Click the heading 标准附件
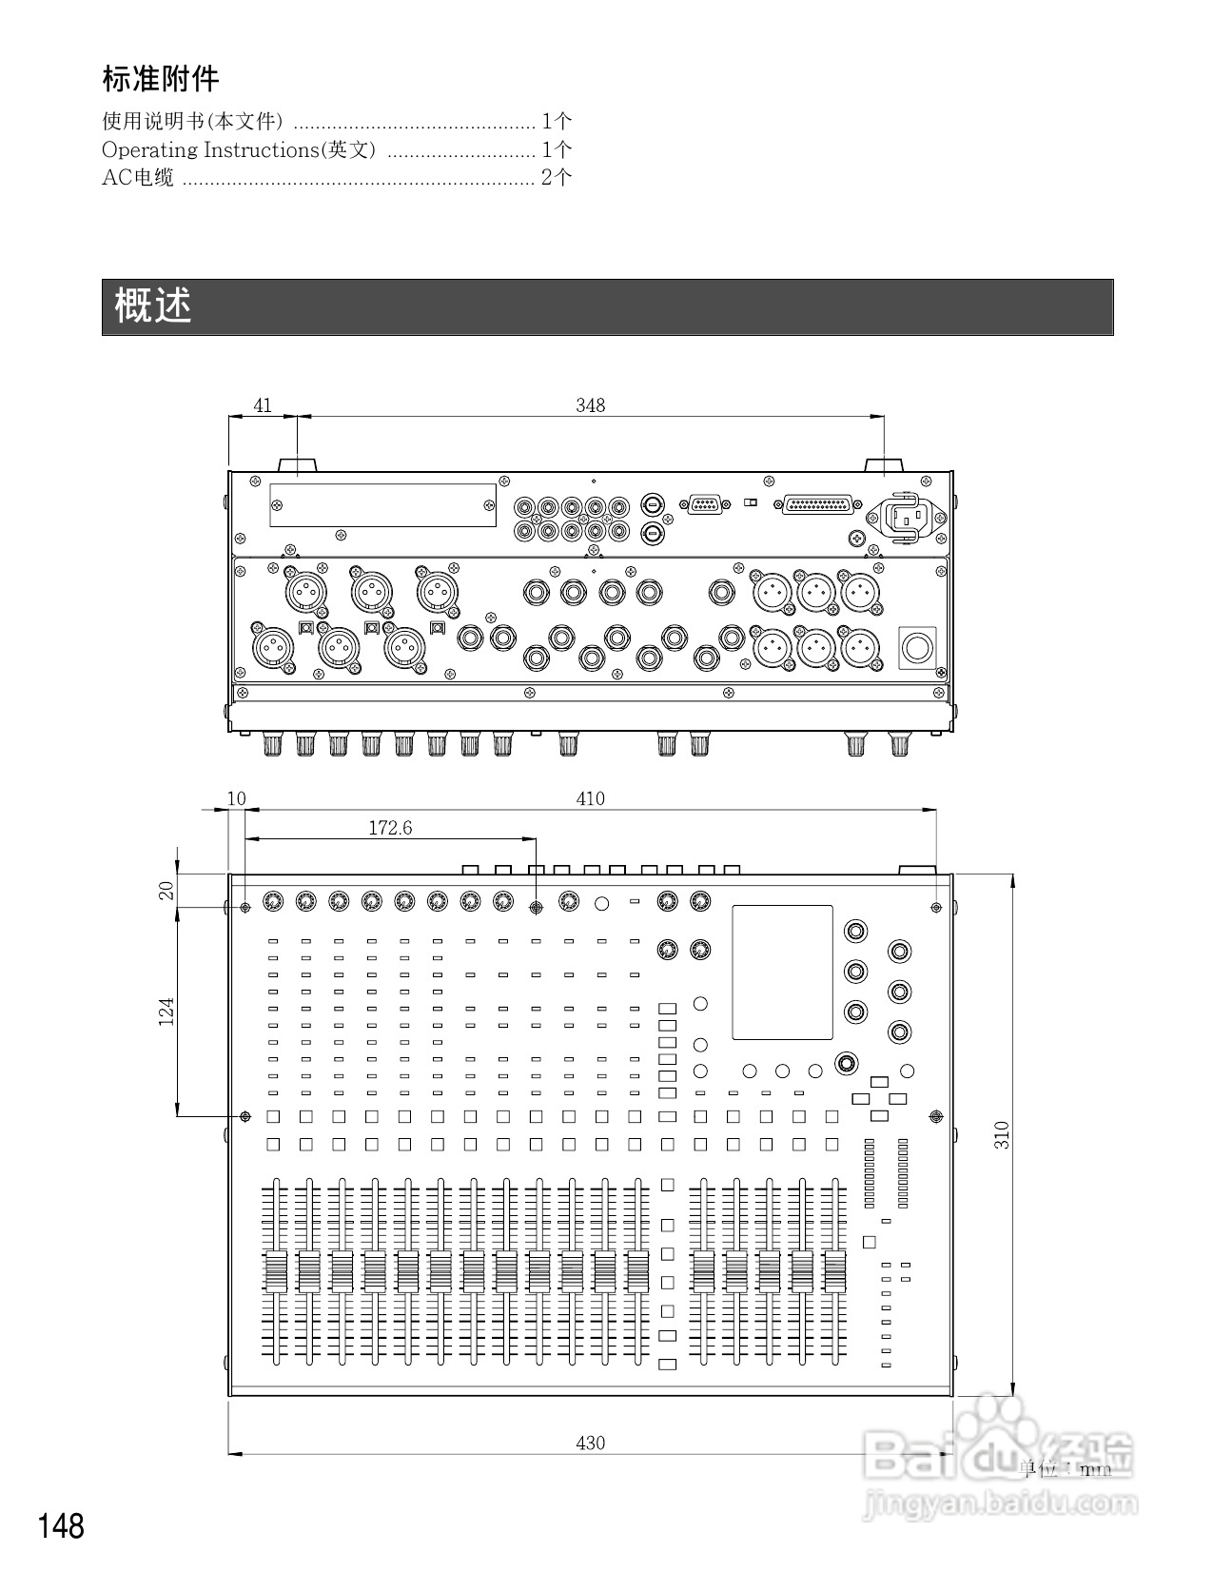pyautogui.click(x=161, y=79)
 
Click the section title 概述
pyautogui.click(x=152, y=306)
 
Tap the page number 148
pyautogui.click(x=61, y=1525)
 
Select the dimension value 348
pyautogui.click(x=590, y=405)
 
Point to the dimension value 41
pyautogui.click(x=263, y=405)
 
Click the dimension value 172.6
pyautogui.click(x=390, y=828)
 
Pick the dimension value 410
pyautogui.click(x=590, y=798)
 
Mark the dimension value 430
pyautogui.click(x=590, y=1443)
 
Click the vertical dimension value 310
pyautogui.click(x=1002, y=1134)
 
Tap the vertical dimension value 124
pyautogui.click(x=166, y=1011)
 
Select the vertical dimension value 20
pyautogui.click(x=166, y=891)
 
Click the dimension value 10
pyautogui.click(x=237, y=798)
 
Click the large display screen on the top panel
pyautogui.click(x=782, y=972)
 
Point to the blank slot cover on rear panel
pyautogui.click(x=382, y=504)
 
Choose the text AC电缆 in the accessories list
pyautogui.click(x=138, y=177)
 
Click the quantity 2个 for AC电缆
pyautogui.click(x=557, y=177)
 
